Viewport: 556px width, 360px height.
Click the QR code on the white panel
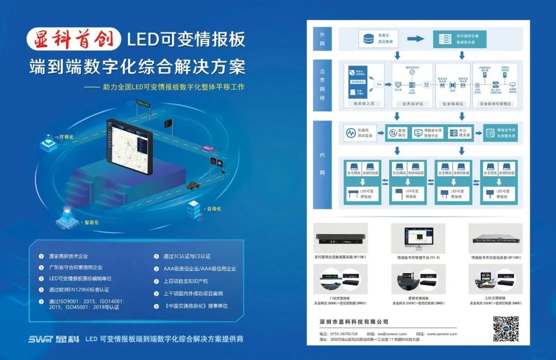(x=506, y=329)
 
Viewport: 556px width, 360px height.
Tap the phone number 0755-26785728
(x=343, y=334)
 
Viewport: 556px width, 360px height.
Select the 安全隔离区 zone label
(x=453, y=104)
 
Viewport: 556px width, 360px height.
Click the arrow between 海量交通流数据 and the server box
(x=415, y=39)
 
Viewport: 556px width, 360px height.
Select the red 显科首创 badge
(x=74, y=40)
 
